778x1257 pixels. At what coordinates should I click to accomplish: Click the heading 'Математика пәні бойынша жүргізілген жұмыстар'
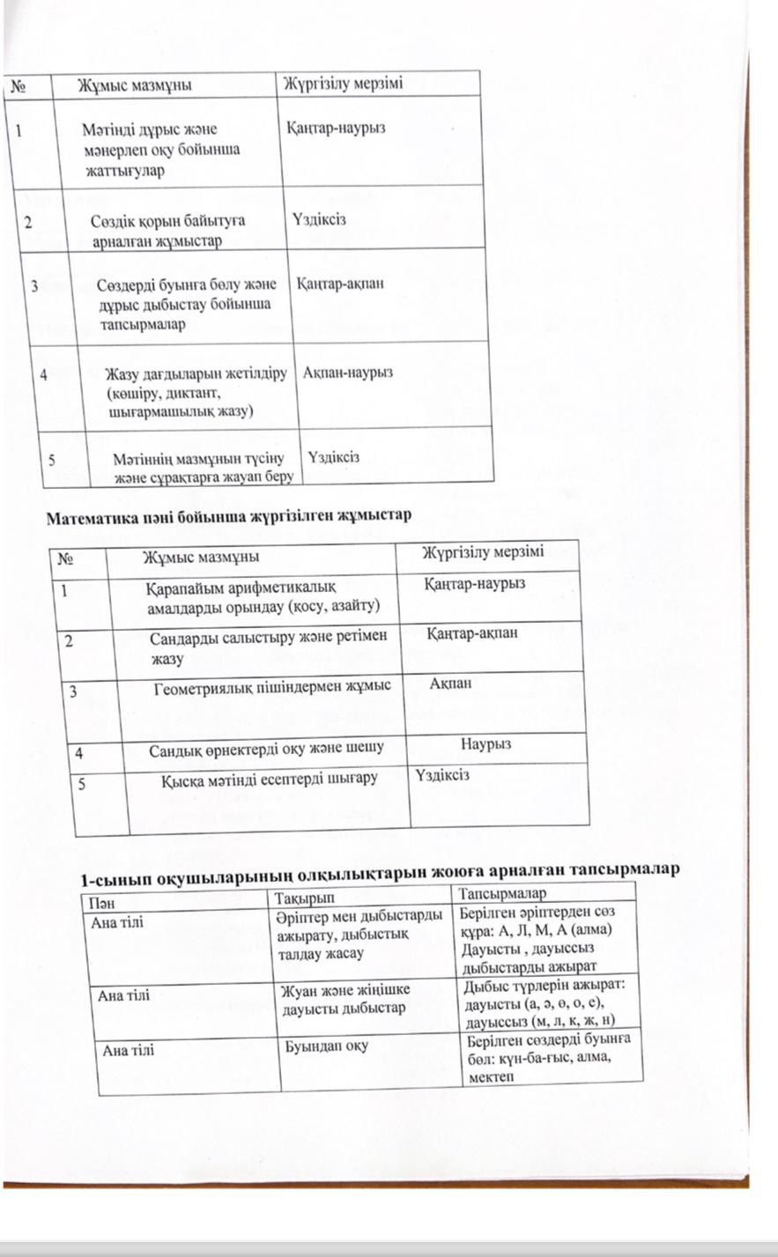[228, 514]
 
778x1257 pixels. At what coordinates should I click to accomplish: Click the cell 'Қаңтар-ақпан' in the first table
[340, 285]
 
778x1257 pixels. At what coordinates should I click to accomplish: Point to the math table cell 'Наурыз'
[485, 744]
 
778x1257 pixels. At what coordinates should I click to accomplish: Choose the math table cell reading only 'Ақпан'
[451, 684]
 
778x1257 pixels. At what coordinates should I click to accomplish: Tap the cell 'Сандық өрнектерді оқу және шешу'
[266, 750]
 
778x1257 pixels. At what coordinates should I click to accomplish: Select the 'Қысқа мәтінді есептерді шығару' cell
[270, 778]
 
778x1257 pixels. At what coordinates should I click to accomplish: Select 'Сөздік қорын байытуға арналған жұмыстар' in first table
[167, 230]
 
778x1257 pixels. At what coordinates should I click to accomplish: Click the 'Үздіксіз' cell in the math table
[442, 775]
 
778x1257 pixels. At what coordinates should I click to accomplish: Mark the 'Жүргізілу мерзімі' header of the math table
[483, 553]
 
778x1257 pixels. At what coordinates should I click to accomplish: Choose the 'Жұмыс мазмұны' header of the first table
[134, 85]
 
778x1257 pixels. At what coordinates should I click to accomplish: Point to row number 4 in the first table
[44, 373]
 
